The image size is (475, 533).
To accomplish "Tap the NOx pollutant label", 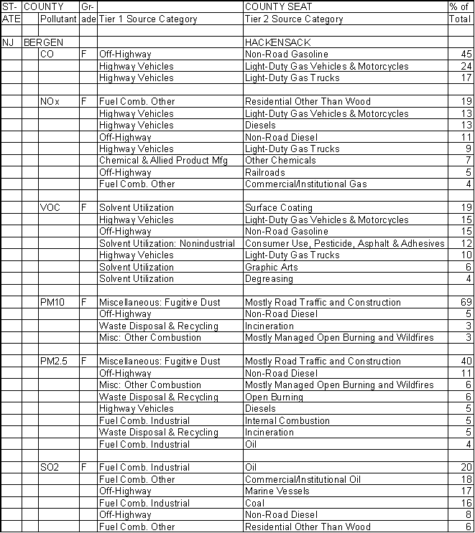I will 50,102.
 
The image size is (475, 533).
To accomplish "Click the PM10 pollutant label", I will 52,303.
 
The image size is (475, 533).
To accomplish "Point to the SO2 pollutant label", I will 50,468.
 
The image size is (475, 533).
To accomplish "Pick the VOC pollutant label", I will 50,208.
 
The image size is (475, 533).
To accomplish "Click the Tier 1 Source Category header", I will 148,19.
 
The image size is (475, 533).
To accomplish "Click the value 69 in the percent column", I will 465,303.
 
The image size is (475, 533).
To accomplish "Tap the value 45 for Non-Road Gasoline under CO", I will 465,55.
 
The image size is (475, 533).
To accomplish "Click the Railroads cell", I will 266,172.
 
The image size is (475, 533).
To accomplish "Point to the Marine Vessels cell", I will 277,491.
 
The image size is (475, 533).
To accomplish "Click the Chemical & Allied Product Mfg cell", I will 163,161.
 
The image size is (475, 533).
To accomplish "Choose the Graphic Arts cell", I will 270,267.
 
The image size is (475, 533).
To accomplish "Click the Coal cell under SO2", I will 254,504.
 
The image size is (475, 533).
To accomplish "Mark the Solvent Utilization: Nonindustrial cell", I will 167,243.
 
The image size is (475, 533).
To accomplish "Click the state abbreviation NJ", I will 9,42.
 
